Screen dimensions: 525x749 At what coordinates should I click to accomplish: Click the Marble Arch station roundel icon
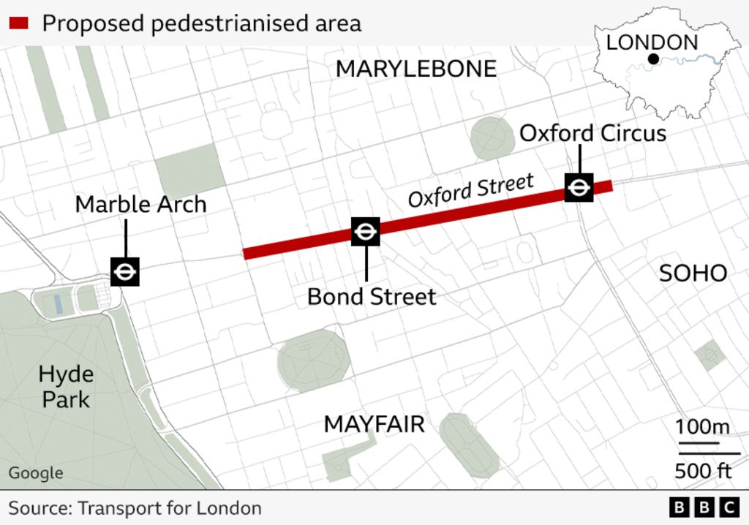125,272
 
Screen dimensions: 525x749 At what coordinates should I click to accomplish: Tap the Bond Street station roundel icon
365,232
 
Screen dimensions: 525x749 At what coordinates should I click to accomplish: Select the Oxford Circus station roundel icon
579,188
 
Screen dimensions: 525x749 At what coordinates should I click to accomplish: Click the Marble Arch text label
140,204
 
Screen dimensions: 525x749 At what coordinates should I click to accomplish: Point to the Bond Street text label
372,296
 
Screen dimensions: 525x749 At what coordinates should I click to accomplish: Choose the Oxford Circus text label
592,133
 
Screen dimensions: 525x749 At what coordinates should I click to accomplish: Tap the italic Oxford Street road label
470,189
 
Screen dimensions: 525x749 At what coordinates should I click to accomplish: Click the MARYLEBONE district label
415,69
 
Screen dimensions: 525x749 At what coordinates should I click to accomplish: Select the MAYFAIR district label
374,424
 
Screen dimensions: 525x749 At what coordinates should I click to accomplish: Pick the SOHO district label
693,273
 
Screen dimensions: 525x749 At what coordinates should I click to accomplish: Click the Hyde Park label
66,387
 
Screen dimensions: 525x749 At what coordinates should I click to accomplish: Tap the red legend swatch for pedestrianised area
18,23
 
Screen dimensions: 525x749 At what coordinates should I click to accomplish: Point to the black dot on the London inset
653,59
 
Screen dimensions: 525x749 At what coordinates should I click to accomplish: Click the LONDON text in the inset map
652,42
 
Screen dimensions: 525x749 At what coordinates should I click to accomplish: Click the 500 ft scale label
702,470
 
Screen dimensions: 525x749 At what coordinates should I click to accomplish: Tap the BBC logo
704,507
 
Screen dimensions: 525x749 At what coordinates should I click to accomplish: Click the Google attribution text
36,473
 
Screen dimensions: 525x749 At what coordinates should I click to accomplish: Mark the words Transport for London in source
169,507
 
